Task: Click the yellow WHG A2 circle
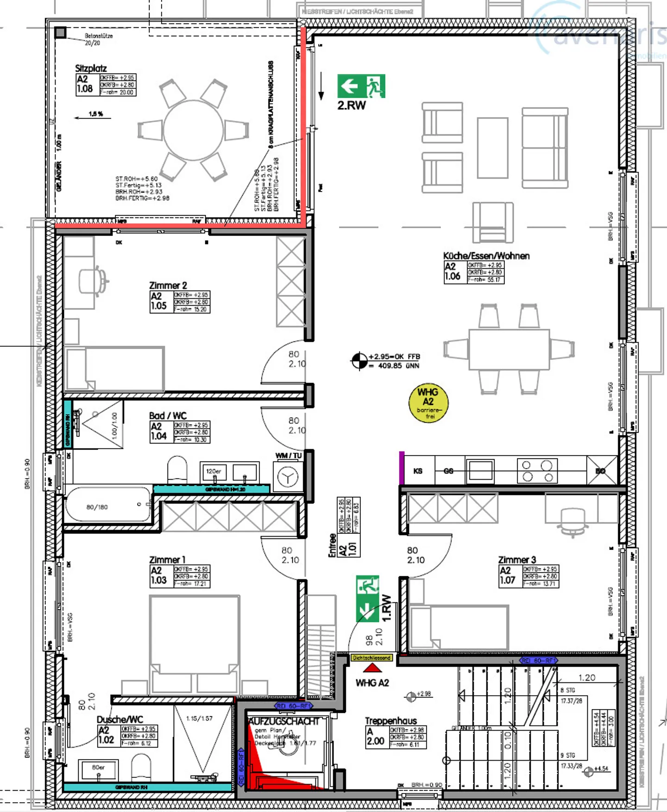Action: coord(428,403)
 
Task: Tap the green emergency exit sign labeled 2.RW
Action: coord(361,86)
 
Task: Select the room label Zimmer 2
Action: coord(168,285)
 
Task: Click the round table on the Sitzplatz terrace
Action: coord(193,130)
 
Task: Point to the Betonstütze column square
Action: coord(61,32)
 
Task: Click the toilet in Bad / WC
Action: coord(176,468)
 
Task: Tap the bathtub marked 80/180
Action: coord(108,506)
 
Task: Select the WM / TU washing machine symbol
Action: coord(288,477)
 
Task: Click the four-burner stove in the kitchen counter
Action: coord(537,471)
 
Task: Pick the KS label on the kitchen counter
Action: coord(418,471)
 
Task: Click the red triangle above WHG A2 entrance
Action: coord(372,668)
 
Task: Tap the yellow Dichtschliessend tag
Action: coord(371,657)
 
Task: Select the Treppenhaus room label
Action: coord(390,721)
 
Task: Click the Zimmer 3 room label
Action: coord(517,560)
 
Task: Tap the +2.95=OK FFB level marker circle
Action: coord(359,361)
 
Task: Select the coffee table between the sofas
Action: coord(493,148)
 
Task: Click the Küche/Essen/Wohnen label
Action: coord(486,256)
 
